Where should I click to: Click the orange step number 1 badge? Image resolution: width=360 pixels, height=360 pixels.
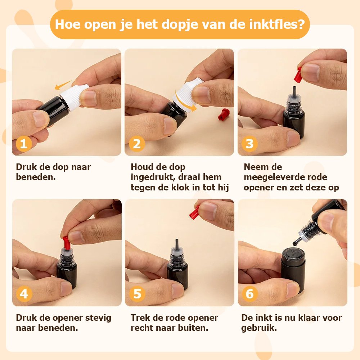click(x=24, y=144)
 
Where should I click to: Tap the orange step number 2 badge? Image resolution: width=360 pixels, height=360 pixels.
click(x=137, y=144)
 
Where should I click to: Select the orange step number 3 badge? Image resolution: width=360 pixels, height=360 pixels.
click(x=249, y=144)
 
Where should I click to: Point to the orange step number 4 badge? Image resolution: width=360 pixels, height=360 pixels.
click(x=24, y=294)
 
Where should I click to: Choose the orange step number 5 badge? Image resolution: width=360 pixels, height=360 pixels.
click(x=137, y=294)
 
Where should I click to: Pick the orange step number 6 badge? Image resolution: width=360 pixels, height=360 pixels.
click(x=250, y=294)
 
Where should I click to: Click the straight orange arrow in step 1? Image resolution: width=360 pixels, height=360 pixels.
click(x=63, y=85)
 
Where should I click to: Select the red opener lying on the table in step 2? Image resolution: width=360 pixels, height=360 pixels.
click(x=224, y=115)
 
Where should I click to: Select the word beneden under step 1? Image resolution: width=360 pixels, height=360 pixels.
click(x=36, y=177)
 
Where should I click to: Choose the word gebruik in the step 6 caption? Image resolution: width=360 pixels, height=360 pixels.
click(x=259, y=328)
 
